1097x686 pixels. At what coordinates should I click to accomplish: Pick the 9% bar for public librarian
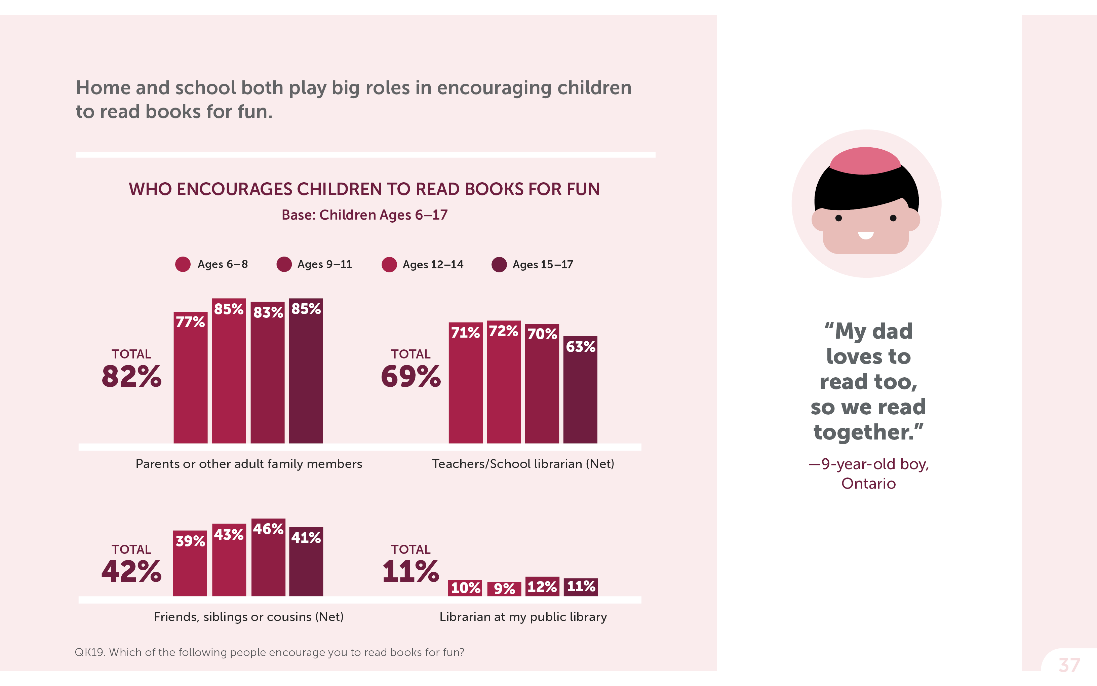(x=504, y=588)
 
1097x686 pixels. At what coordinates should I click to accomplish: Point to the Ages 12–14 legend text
(x=433, y=265)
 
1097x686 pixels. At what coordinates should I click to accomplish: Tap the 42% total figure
(x=131, y=571)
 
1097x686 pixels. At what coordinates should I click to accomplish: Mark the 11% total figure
(x=411, y=571)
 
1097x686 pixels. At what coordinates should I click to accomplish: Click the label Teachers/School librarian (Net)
(x=523, y=464)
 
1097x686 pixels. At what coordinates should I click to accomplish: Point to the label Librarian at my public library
(x=523, y=617)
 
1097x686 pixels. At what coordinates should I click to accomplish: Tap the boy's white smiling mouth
(x=865, y=235)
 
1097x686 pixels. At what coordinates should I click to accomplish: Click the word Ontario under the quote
(x=868, y=484)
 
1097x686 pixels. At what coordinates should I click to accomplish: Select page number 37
(x=1069, y=665)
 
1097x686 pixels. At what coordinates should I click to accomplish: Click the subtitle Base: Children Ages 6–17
(x=365, y=215)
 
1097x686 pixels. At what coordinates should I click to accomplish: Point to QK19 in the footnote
(x=89, y=652)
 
